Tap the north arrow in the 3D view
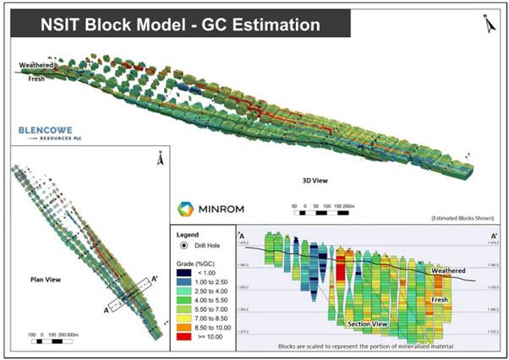tap(490, 25)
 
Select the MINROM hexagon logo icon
tap(187, 208)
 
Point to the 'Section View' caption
tap(369, 323)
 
